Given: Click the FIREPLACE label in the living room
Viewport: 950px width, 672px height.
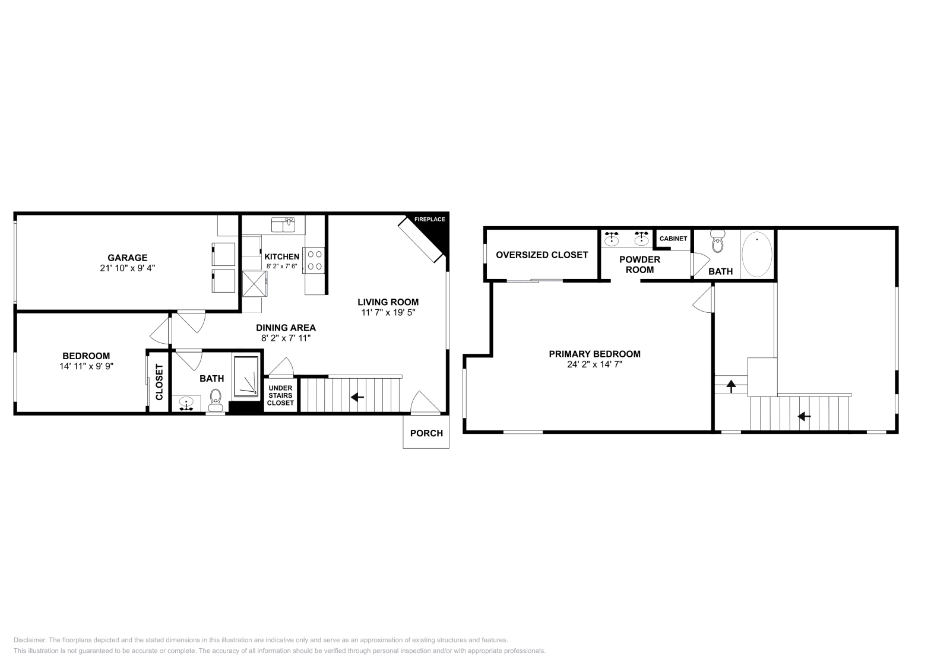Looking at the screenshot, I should tap(429, 220).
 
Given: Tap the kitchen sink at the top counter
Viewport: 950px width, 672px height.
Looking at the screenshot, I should tap(283, 224).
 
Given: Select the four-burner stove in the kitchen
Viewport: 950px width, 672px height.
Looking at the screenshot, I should tap(314, 260).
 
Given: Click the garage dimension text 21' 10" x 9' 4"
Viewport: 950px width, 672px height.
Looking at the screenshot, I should tap(127, 268).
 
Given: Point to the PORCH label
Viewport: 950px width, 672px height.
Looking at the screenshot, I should tap(426, 433).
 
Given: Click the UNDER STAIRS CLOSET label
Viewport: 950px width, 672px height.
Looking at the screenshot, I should tap(280, 395).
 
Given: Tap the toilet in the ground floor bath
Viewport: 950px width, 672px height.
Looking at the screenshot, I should tap(216, 398).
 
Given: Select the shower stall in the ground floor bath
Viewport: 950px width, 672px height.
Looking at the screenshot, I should tap(246, 377).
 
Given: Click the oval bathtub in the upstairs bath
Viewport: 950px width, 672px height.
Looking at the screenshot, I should tap(757, 254).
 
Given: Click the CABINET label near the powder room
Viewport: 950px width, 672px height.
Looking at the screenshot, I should tap(673, 239).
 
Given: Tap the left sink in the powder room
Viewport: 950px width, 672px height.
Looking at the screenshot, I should tap(612, 239).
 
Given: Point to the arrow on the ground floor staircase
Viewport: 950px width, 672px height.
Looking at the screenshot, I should tap(357, 397).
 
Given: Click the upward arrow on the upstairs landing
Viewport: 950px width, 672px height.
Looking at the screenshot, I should tap(731, 387).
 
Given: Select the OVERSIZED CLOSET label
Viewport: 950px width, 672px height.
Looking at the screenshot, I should tap(541, 255).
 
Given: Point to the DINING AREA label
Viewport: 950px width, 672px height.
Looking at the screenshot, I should tap(286, 328).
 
